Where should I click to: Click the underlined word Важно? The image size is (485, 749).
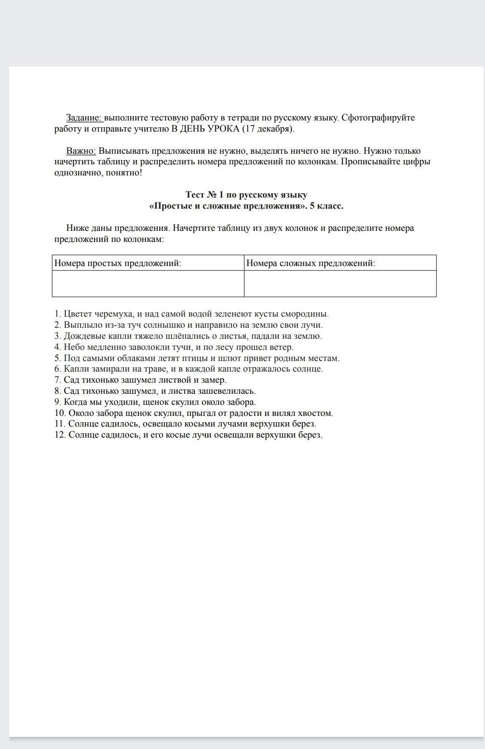coord(81,151)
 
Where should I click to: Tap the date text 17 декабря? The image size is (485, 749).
coord(268,129)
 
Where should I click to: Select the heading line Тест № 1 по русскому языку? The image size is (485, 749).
coord(246,195)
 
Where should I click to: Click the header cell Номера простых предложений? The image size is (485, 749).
coord(118,263)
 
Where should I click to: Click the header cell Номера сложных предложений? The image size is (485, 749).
coord(310,263)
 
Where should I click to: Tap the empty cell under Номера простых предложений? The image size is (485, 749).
coord(148,283)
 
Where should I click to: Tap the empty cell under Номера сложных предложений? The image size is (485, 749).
coord(340,283)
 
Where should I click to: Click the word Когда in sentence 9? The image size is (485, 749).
coord(75,402)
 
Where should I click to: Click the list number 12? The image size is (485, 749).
coord(60,435)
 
